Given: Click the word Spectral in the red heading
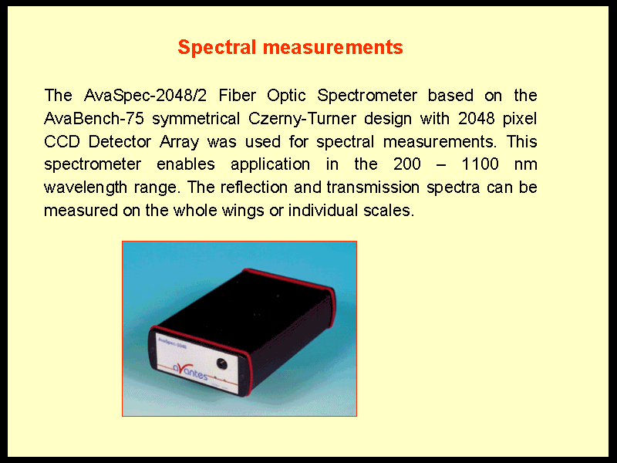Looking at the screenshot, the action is pos(217,48).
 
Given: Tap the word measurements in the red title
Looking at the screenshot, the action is pos(333,48).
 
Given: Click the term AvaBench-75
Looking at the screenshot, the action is pos(94,119).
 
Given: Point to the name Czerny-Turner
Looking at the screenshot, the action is pos(302,119).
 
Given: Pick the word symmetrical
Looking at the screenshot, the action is pos(196,119).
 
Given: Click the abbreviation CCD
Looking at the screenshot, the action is pos(62,142).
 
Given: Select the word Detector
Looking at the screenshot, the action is pos(120,142).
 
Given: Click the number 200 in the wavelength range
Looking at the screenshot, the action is pos(407,164).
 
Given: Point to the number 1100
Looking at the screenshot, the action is pos(480,164).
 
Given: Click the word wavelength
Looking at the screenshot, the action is pos(86,188).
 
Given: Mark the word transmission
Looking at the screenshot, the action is pos(373,188).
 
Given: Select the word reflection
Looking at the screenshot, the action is pos(254,188).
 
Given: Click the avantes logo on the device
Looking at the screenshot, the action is pos(190,371).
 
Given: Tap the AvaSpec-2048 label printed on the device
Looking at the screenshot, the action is pos(172,343).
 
